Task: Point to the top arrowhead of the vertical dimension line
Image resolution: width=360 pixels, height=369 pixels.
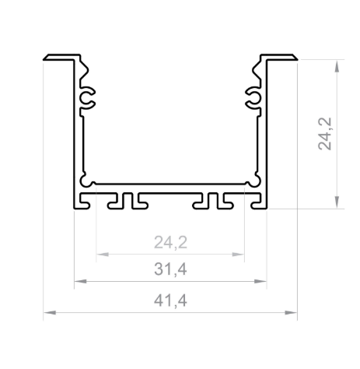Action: [x=336, y=64]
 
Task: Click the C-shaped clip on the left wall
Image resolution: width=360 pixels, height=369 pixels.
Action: [x=88, y=97]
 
